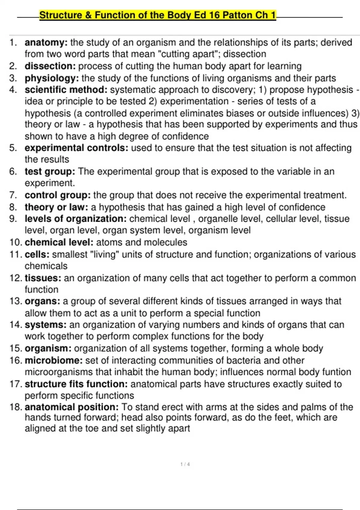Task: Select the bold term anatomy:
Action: (x=46, y=43)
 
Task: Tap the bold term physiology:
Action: (x=52, y=78)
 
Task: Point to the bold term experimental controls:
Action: (x=76, y=148)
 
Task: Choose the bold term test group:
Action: (x=50, y=172)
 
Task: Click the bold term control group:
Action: (x=58, y=195)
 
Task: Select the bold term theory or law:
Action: (x=56, y=207)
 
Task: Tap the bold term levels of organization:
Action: (x=76, y=219)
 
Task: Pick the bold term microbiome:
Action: (x=54, y=360)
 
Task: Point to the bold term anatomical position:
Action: (x=72, y=407)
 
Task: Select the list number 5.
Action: (x=13, y=148)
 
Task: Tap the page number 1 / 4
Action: (x=185, y=464)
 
